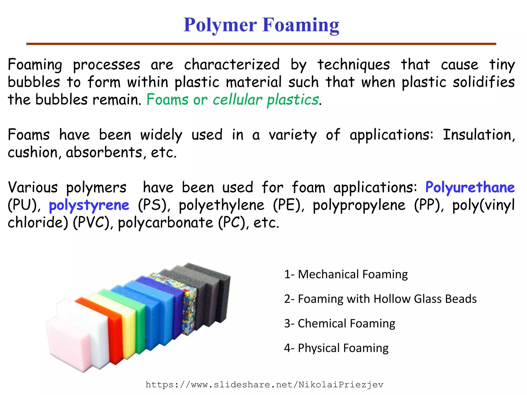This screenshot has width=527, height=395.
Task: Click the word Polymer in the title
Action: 220,25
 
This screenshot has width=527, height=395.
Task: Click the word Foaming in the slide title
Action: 301,25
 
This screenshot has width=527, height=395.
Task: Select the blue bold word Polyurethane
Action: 470,187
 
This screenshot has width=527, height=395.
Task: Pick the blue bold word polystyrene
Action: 89,205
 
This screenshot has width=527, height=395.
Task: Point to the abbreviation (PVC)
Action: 92,222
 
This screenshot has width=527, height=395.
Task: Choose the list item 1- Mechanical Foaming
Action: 346,274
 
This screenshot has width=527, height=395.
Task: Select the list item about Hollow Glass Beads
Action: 380,299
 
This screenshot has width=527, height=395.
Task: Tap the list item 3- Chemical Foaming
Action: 339,323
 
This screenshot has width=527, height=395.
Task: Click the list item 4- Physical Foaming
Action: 336,348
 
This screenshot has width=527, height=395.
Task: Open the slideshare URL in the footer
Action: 264,385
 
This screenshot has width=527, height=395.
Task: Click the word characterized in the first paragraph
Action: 232,65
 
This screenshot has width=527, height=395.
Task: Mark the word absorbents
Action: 104,152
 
